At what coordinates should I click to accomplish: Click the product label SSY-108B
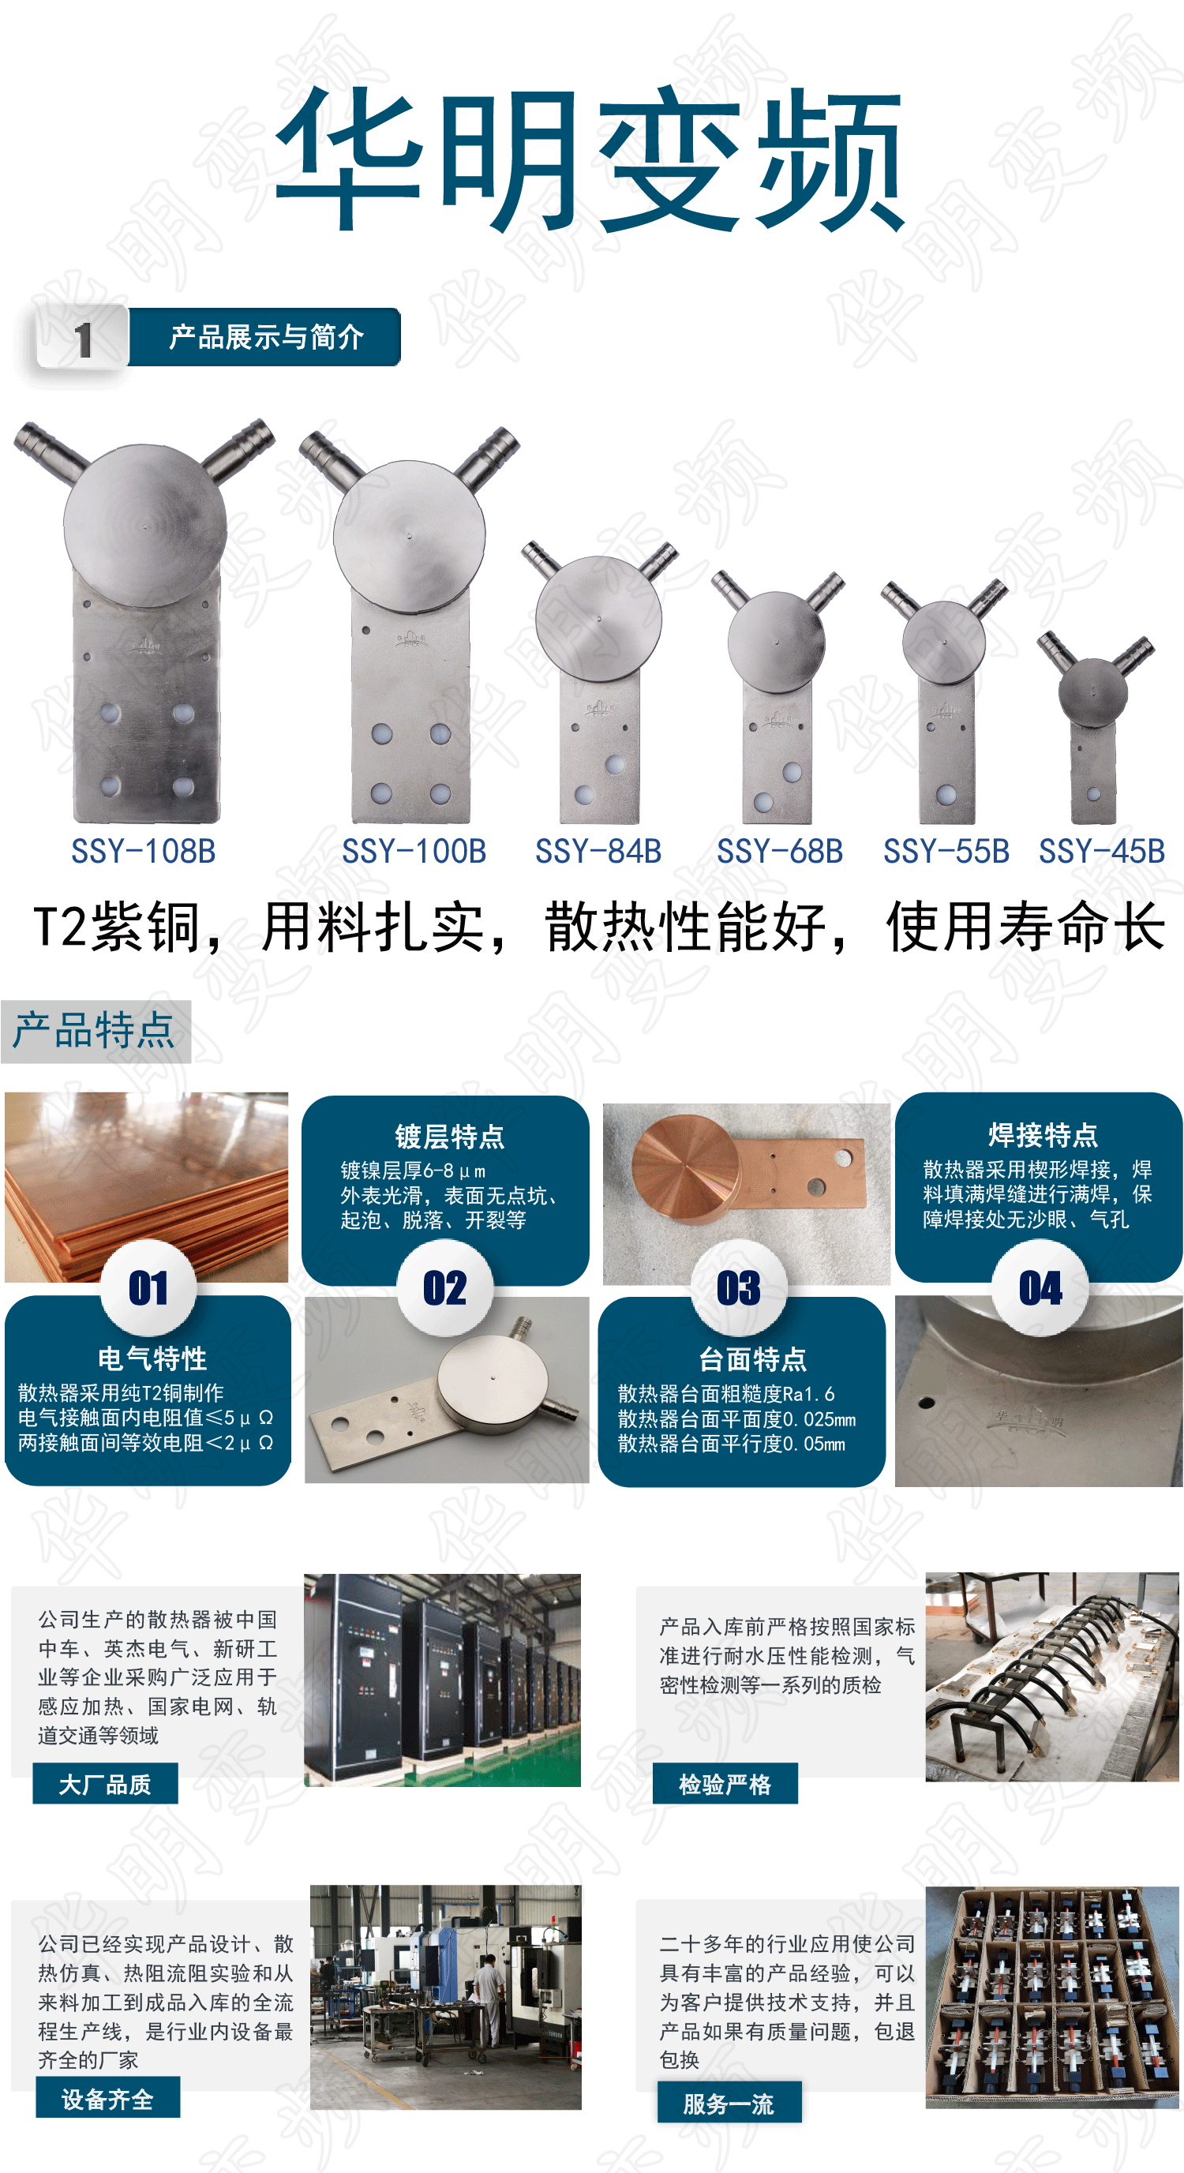point(144,851)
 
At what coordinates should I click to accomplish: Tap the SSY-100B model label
point(414,851)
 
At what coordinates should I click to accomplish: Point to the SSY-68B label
point(780,851)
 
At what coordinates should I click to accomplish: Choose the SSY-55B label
point(946,851)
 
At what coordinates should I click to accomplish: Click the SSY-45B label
point(1101,851)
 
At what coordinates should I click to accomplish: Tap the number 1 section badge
point(83,339)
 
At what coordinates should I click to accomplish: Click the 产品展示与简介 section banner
point(264,337)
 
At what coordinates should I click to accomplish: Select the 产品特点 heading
point(95,1031)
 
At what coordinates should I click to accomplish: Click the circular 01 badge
point(148,1288)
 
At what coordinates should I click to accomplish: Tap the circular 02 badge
point(445,1288)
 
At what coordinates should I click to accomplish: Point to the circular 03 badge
point(739,1288)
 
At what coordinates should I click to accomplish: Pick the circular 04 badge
point(1040,1288)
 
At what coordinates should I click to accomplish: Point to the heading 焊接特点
point(1043,1134)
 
